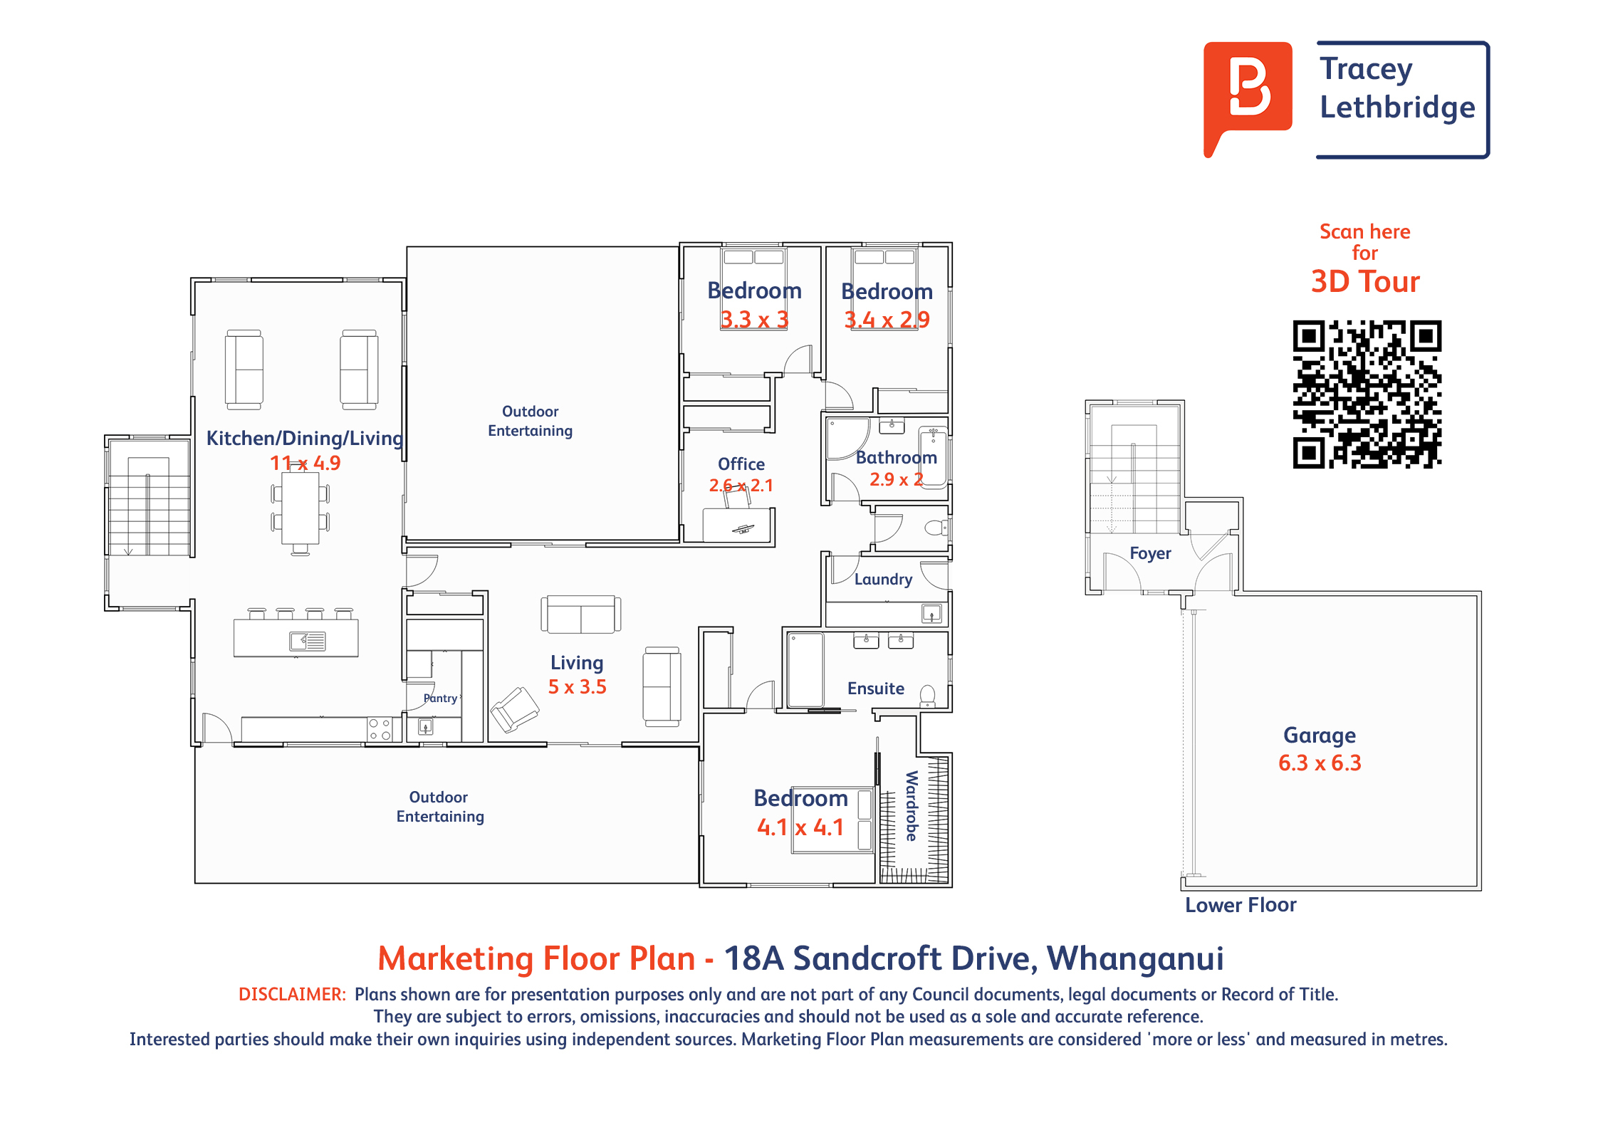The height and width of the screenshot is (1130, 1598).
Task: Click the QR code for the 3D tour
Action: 1367,394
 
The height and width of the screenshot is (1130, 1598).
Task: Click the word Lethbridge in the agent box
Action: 1397,108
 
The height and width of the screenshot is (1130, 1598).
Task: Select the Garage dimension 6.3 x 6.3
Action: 1320,763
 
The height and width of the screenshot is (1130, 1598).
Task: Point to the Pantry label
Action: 440,698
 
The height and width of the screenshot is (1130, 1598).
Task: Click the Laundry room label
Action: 883,580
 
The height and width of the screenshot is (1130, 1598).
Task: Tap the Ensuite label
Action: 876,689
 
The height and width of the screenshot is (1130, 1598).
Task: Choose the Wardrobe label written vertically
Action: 912,805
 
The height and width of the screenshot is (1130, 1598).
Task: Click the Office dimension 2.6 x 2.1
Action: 741,486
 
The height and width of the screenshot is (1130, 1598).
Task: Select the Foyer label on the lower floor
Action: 1150,553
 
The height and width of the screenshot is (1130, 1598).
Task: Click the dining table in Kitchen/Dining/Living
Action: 300,508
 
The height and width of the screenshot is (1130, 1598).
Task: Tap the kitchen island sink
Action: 308,642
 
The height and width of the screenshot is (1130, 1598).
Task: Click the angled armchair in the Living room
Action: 515,709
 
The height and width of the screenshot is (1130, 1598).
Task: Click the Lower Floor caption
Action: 1241,905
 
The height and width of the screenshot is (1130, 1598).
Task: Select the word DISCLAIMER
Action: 292,994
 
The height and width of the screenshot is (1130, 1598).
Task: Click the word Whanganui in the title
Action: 1135,958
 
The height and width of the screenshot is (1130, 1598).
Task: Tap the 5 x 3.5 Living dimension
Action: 577,687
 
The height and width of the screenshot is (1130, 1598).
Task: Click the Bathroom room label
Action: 896,458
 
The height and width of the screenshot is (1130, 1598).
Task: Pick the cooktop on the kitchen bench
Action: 380,729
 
